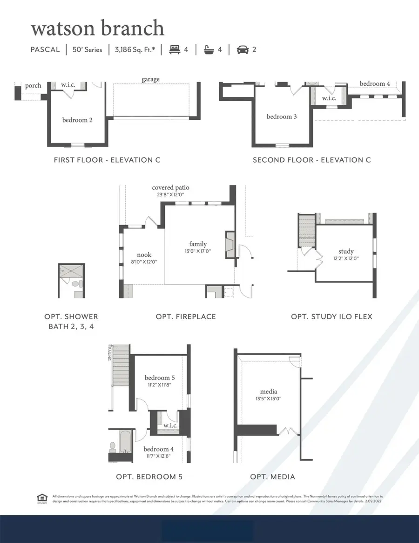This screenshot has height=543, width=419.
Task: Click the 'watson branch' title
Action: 97,28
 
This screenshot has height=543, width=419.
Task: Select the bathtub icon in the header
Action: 209,49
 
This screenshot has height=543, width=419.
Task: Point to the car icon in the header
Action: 242,49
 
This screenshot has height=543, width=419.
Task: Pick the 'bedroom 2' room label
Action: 77,120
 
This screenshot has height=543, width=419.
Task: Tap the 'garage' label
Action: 150,79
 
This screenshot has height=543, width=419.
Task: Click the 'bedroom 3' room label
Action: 281,117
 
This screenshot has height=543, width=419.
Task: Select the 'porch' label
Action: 33,85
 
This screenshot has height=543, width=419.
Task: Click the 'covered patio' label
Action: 171,187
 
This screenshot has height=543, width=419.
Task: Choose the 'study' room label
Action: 346,251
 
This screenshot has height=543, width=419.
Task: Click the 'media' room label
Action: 269,392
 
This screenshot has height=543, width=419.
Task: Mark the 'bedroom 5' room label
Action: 157,378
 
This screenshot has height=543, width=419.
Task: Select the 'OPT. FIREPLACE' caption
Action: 186,316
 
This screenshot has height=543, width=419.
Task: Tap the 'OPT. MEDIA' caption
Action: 272,476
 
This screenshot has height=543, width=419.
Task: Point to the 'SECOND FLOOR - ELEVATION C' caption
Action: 311,160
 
